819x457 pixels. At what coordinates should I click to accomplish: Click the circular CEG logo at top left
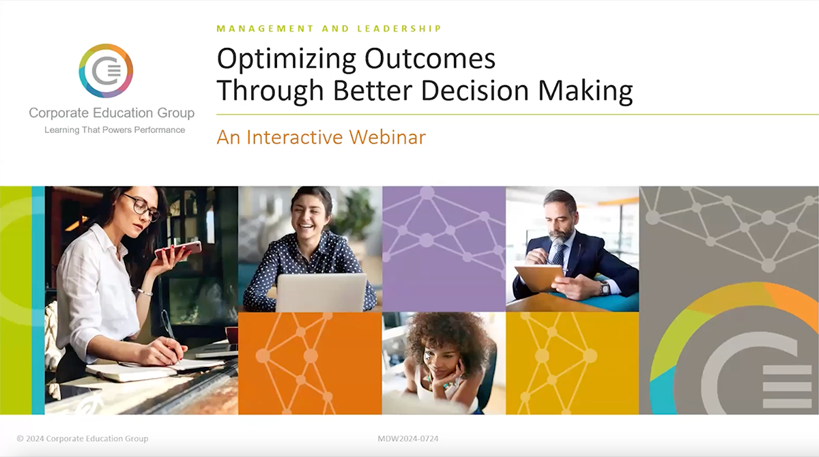point(106,71)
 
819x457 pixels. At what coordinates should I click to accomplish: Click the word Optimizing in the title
point(287,59)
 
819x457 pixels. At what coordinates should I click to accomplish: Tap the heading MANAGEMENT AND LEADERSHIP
point(329,29)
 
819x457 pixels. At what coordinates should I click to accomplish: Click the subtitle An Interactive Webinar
point(321,137)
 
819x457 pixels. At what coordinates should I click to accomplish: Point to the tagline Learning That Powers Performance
point(115,130)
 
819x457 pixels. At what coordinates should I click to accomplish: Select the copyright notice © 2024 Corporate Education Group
point(83,439)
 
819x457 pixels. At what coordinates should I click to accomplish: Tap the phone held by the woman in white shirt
point(179,249)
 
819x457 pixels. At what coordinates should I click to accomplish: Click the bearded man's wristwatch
point(605,289)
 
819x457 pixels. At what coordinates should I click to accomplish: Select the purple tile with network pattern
point(444,248)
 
